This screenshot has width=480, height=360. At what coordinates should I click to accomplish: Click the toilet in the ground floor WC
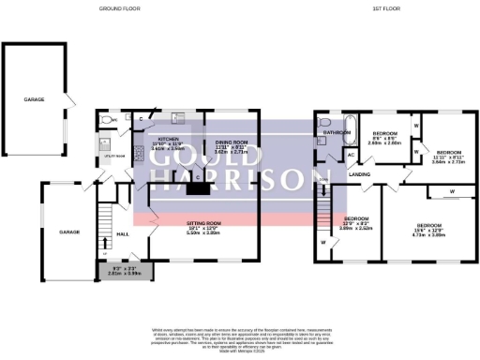(103, 119)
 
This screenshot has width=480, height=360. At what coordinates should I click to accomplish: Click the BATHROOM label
(337, 133)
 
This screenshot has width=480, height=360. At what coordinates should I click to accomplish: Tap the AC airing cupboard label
(351, 155)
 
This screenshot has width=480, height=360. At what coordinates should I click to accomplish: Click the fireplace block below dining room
(198, 187)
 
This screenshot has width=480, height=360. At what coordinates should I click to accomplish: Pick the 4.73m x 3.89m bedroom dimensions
(431, 235)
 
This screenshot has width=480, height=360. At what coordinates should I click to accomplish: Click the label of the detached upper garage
(34, 97)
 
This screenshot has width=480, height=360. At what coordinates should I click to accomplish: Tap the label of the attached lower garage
(69, 231)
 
